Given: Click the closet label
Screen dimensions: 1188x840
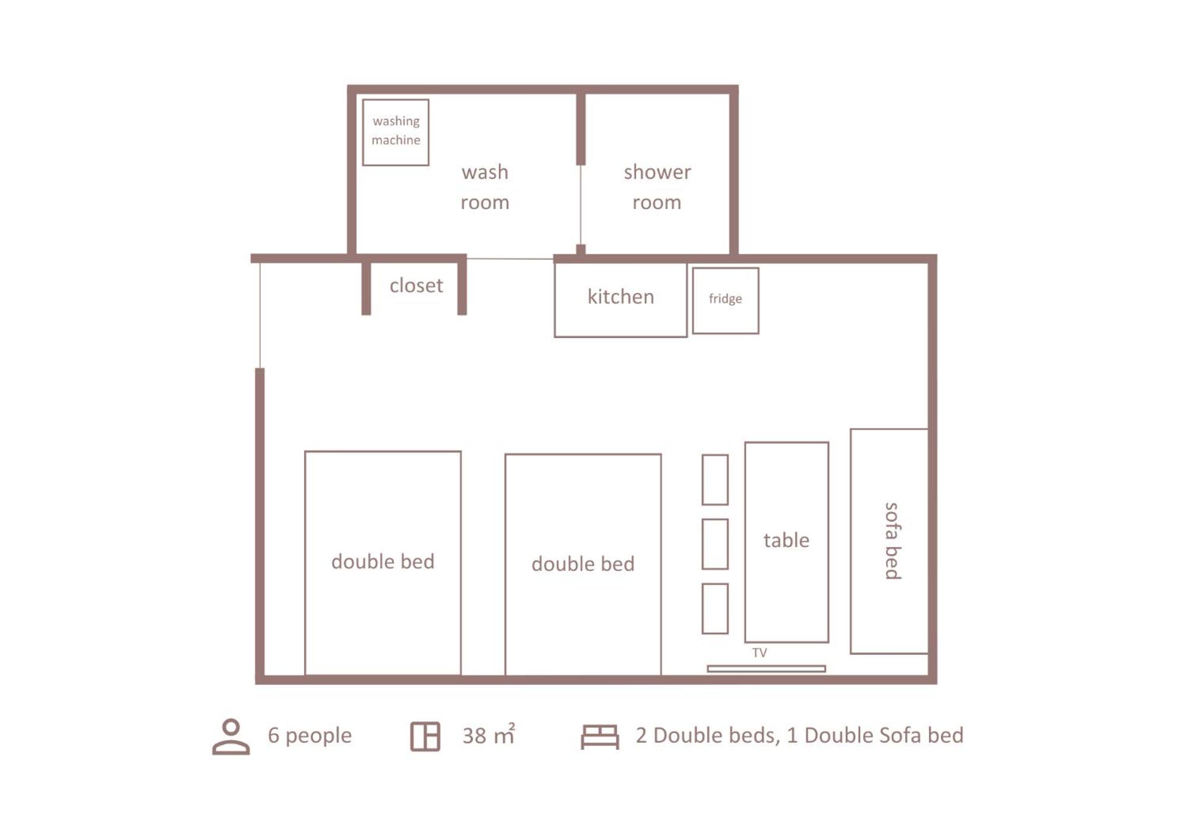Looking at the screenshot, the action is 416,286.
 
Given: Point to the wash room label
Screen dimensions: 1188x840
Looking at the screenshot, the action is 485,187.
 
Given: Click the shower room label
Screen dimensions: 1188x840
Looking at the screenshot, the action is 657,187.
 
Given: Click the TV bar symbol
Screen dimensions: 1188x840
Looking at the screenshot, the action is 767,669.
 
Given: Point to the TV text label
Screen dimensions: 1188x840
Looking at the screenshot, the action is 760,653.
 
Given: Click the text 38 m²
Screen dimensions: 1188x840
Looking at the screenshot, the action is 489,735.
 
